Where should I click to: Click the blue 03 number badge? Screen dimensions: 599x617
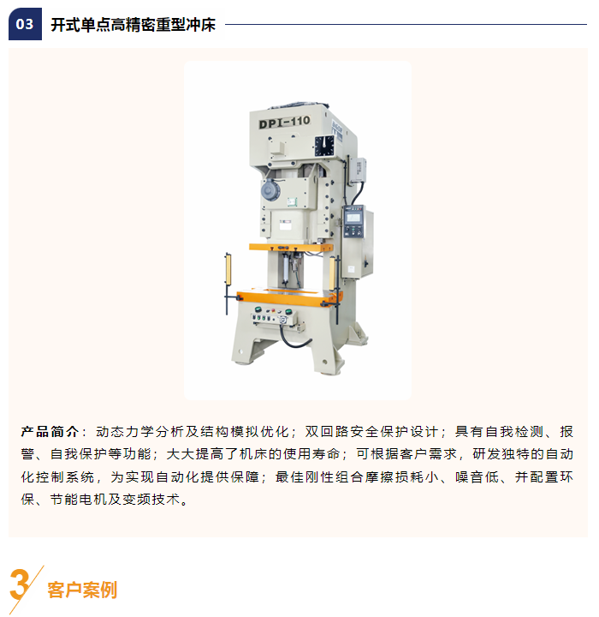(x=25, y=24)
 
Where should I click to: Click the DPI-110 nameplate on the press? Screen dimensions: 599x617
(x=284, y=122)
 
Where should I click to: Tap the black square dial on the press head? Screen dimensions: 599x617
(x=324, y=146)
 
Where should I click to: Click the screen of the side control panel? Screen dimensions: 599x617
(x=353, y=217)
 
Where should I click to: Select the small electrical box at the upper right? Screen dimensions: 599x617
(x=358, y=170)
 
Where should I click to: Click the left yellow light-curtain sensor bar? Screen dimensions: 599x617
(x=228, y=269)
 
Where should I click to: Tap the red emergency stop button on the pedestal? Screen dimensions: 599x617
(x=273, y=311)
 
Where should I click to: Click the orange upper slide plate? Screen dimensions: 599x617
(x=291, y=248)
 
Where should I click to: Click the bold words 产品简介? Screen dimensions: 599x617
(x=50, y=432)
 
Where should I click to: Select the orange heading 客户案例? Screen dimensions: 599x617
(x=82, y=590)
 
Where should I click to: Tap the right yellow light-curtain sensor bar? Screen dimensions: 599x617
(x=333, y=273)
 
